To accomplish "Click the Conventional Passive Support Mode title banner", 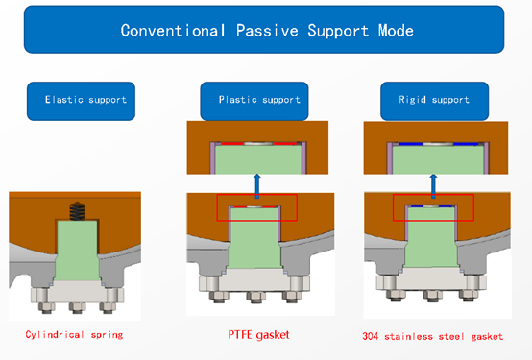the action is pos(264,30).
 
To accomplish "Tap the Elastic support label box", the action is pos(81,101).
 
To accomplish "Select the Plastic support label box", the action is pos(254,101).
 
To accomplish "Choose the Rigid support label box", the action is pos(435,101).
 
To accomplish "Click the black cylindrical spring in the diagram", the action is pos(77,211).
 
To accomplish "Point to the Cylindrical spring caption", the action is pos(74,335).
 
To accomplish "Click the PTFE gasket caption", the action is pos(258,335).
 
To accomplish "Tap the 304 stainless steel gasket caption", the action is pos(432,336).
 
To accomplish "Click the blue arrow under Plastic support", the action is pos(257,186).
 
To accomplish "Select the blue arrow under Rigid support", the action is pos(433,186).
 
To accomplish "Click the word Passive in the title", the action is pos(267,31).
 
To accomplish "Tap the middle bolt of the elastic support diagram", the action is pos(78,308).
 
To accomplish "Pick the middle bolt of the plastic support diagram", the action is pos(255,297).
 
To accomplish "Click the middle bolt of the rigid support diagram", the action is pos(432,295).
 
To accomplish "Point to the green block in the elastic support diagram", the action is pos(77,251).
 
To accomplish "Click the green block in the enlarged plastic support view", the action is pos(258,159).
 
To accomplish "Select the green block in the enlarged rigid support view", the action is pos(438,159).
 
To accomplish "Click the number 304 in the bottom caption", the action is pos(371,336).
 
